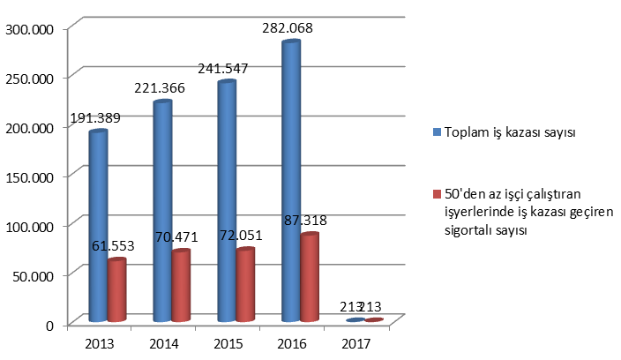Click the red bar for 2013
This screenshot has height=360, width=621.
click(x=117, y=290)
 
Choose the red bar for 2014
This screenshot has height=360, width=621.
click(x=181, y=287)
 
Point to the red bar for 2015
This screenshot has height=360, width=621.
click(x=245, y=286)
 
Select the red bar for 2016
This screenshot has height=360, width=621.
click(x=310, y=278)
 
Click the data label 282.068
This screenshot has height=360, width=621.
click(x=288, y=28)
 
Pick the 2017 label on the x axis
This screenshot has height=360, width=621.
click(x=355, y=342)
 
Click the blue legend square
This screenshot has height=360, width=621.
click(x=436, y=132)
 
